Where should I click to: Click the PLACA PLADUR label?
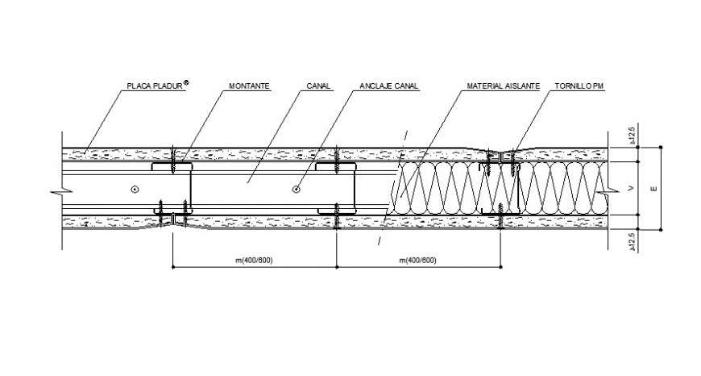point(156,86)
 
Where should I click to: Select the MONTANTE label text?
point(250,86)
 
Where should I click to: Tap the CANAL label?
point(318,86)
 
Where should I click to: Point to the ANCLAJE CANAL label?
point(389,86)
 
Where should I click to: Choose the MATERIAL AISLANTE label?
point(504,86)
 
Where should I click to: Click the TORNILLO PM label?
point(579,86)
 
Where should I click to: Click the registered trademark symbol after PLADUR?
point(186,82)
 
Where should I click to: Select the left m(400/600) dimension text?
point(254,260)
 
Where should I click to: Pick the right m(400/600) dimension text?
point(417,260)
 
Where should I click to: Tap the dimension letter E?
point(654,189)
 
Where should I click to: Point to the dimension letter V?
point(631,189)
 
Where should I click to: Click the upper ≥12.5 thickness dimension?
point(631,136)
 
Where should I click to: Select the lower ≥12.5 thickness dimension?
point(631,243)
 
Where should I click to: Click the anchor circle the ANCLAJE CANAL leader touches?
point(296,190)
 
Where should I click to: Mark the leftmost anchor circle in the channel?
point(135,190)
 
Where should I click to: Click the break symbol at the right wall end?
point(608,191)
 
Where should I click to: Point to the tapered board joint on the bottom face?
point(172,225)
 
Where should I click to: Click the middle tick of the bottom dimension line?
point(336,267)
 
